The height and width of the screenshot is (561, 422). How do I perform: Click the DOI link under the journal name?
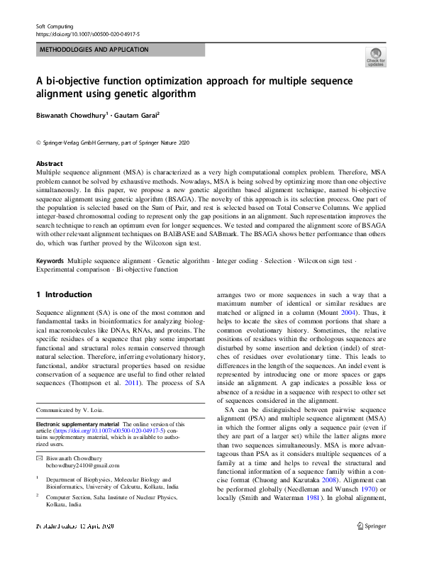(x=87, y=33)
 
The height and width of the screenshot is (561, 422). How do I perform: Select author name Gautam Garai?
(x=139, y=114)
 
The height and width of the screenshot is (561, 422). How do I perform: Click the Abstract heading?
(x=50, y=163)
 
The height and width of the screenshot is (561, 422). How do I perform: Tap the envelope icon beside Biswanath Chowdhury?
(x=40, y=438)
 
